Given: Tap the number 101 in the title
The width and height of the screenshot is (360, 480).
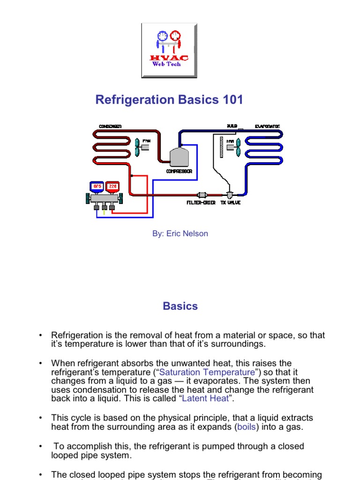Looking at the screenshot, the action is point(230,100).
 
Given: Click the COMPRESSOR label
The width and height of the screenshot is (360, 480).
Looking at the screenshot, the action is point(179,172).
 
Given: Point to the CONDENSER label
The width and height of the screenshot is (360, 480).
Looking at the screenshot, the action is point(110,126).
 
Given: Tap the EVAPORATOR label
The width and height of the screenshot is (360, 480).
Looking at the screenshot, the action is point(267,126).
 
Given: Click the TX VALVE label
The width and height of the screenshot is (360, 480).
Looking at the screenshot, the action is point(230,203).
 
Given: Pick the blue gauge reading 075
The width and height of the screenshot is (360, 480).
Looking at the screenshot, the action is point(97,187).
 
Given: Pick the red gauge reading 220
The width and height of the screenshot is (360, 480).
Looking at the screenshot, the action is point(112,187).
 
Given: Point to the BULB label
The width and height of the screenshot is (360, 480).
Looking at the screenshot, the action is point(232,126).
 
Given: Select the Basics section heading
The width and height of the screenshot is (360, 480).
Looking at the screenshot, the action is point(180,306).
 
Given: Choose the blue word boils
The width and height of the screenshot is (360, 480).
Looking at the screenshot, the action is point(247,427).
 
